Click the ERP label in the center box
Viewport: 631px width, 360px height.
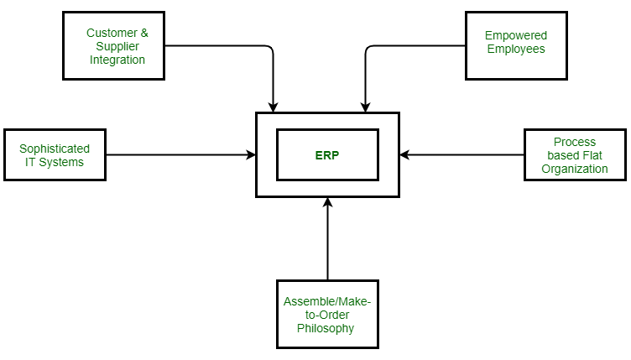click(327, 155)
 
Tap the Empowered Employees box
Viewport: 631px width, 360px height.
click(515, 46)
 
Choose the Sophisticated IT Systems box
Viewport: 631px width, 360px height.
click(55, 155)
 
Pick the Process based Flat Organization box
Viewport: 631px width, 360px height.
click(575, 155)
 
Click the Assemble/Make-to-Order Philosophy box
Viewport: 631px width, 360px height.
click(327, 314)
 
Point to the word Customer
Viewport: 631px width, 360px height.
click(112, 34)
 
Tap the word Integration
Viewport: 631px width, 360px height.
click(117, 60)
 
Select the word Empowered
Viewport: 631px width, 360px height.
click(515, 35)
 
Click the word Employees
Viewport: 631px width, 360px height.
click(515, 49)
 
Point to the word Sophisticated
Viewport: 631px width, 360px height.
click(55, 149)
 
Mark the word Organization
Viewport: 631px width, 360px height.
click(575, 169)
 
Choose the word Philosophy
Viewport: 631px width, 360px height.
click(326, 327)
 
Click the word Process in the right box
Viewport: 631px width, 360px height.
click(575, 142)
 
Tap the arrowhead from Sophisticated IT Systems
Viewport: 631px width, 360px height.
click(251, 155)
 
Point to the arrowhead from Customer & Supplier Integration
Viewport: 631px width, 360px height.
click(273, 107)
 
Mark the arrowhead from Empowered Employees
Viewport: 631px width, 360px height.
click(364, 107)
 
